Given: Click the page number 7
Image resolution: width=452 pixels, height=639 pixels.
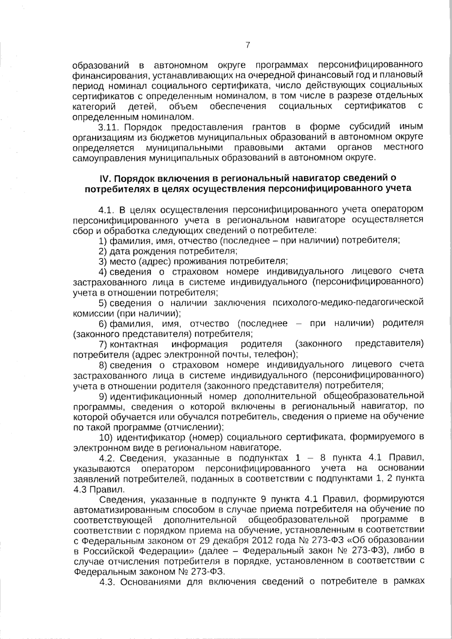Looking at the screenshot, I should pyautogui.click(x=247, y=46).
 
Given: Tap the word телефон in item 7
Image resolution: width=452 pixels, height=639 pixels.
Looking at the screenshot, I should pyautogui.click(x=279, y=354).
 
